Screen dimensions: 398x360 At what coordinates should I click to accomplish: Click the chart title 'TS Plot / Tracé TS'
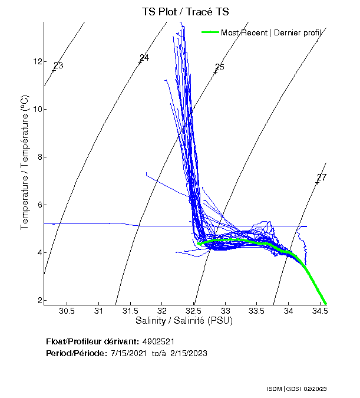pos(186,12)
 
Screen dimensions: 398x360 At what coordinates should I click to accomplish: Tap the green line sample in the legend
pos(210,32)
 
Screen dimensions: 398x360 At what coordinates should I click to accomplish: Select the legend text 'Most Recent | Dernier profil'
pos(271,32)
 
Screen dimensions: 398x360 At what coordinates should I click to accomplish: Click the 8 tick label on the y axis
pos(37,157)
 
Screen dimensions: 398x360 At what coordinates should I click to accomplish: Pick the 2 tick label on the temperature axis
pos(37,300)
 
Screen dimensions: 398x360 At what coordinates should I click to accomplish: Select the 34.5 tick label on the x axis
pos(320,311)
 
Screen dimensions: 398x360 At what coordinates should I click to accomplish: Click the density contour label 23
pos(58,65)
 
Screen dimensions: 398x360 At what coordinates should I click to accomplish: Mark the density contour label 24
pos(144,58)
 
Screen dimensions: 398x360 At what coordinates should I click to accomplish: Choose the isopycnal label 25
pos(220,68)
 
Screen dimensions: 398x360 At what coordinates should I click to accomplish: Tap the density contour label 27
pos(322,177)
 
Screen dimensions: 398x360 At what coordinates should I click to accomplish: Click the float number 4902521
pos(158,341)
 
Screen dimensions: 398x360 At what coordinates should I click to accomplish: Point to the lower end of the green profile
pos(326,304)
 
